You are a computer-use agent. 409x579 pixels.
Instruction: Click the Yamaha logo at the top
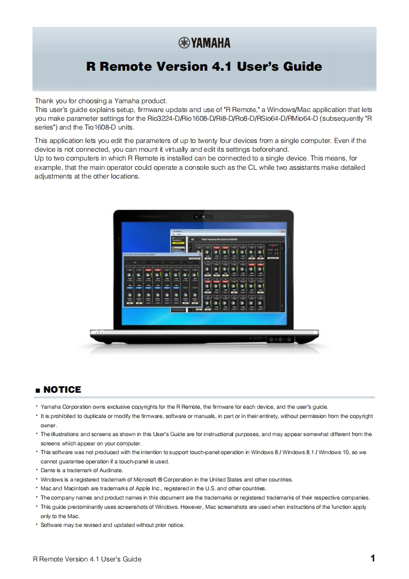[204, 43]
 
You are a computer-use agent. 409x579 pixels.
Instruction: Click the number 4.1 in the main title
[221, 67]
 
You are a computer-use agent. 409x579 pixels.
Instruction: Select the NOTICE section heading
[62, 390]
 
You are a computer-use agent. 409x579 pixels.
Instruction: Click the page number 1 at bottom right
[372, 558]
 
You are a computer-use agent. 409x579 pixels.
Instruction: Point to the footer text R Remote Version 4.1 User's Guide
[87, 559]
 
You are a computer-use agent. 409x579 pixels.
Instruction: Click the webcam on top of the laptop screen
[204, 216]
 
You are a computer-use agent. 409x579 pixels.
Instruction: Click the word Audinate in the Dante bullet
[109, 470]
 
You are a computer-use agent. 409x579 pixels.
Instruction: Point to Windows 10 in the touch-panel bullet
[333, 452]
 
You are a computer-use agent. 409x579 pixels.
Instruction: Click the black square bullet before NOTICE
[38, 391]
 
